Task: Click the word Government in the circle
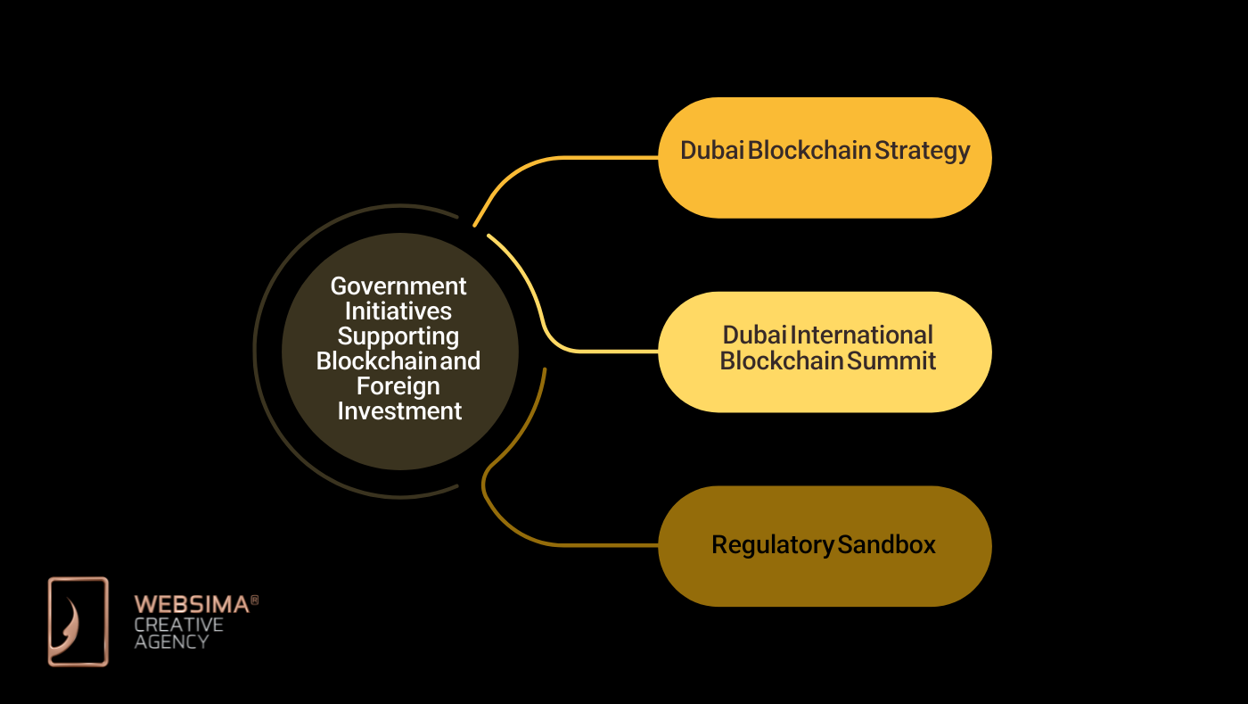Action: (398, 286)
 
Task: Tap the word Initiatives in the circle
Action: (398, 311)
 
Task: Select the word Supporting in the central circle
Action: (398, 336)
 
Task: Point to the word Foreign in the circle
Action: (398, 386)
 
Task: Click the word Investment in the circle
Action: (399, 411)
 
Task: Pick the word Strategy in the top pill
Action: (922, 151)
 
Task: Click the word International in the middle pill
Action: (861, 335)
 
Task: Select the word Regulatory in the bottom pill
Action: (772, 544)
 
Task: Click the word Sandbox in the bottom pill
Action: (886, 544)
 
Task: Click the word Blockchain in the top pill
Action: (809, 151)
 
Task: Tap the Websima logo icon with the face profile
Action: (78, 622)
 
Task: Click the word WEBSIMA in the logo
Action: (191, 605)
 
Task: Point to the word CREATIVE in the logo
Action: (178, 624)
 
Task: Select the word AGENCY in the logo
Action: (172, 642)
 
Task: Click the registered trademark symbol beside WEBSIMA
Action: (254, 601)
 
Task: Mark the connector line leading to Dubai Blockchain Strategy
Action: (571, 158)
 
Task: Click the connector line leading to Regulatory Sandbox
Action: (571, 543)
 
